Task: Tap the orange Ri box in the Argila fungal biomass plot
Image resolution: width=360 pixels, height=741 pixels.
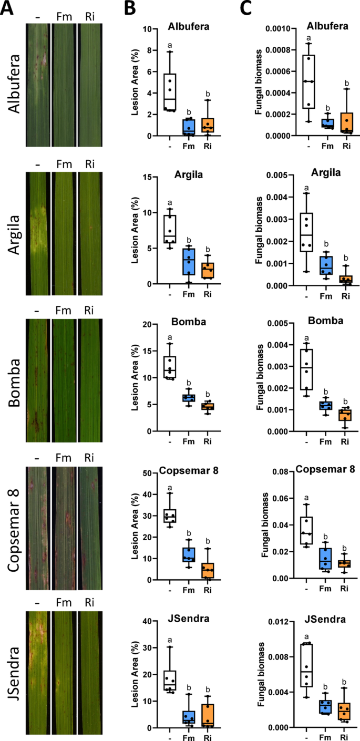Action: pyautogui.click(x=345, y=279)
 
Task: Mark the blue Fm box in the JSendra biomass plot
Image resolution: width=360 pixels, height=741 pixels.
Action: pyautogui.click(x=325, y=707)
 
